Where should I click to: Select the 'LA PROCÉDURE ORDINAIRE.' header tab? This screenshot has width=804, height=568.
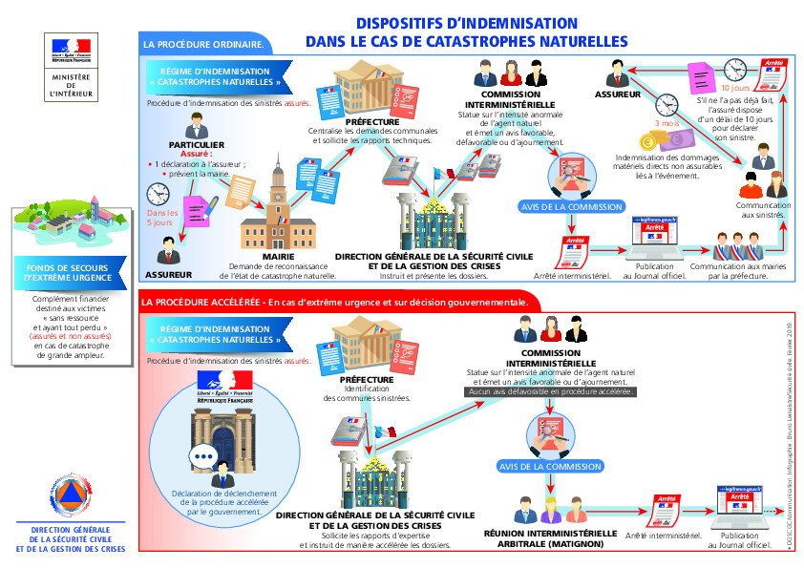pyautogui.click(x=202, y=44)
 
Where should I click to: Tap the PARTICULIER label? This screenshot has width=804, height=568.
pyautogui.click(x=196, y=144)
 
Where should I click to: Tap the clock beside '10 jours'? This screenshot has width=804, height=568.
pyautogui.click(x=734, y=70)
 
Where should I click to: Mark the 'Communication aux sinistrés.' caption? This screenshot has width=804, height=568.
pyautogui.click(x=763, y=210)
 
